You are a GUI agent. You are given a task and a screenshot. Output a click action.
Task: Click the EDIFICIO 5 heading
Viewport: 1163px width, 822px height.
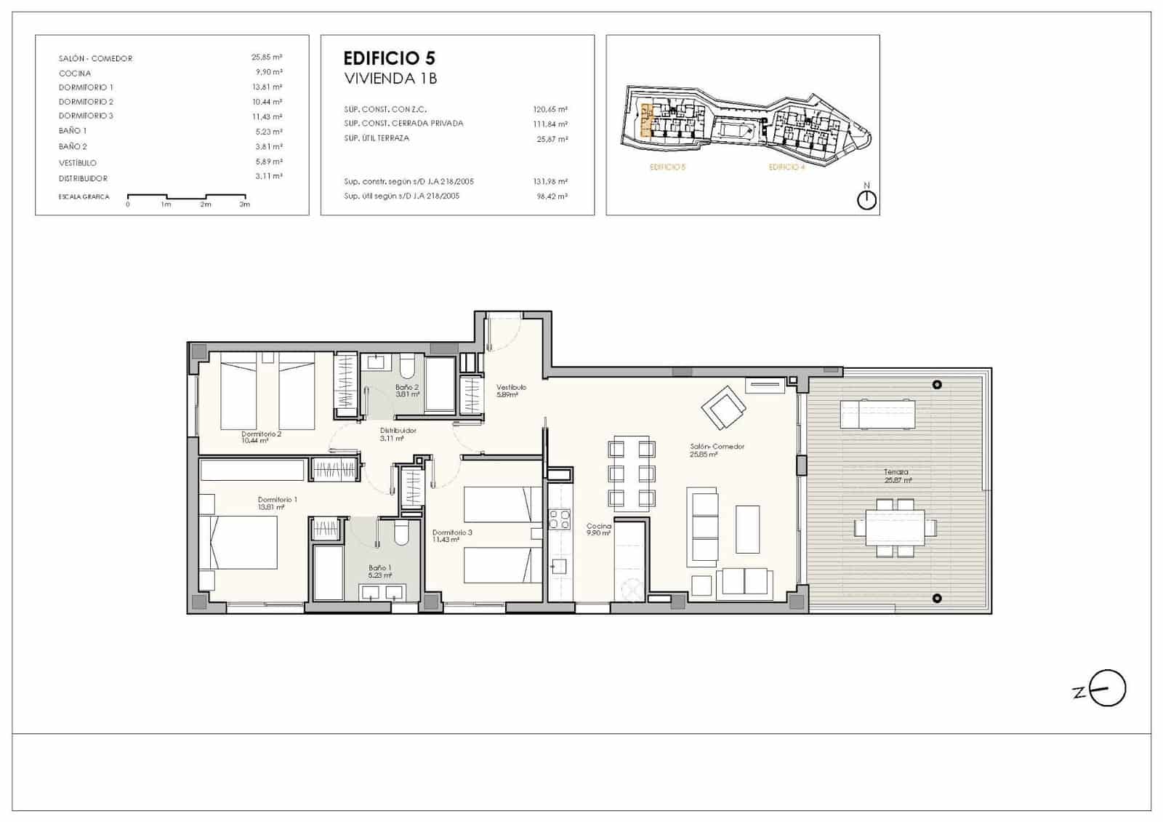[x=389, y=58]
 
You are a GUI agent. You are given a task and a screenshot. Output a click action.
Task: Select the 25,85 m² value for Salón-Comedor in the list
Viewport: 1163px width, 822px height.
[x=267, y=57]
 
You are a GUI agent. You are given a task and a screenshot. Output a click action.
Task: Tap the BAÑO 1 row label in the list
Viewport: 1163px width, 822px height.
[x=73, y=131]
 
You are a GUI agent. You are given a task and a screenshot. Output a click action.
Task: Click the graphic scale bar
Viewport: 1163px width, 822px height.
[x=186, y=196]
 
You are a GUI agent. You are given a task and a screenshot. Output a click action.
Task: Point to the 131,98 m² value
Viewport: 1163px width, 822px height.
[x=550, y=182]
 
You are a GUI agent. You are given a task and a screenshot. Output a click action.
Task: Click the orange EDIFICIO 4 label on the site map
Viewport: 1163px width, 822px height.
[x=786, y=167]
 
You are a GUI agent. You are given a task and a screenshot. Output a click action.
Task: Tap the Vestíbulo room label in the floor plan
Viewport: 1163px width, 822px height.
[x=511, y=388]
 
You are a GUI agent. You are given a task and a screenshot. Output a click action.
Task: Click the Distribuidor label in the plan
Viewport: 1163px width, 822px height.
[x=398, y=431]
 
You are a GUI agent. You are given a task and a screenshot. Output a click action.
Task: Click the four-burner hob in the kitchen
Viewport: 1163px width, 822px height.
[x=559, y=519]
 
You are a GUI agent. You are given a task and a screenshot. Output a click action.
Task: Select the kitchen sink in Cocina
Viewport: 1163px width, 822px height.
[x=559, y=565]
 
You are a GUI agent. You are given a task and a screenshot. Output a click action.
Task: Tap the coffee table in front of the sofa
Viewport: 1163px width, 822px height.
[x=747, y=530]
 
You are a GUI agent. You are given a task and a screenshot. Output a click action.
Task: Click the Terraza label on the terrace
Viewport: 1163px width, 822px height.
[x=896, y=472]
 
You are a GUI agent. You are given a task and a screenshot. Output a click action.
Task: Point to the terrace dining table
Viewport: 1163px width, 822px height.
[x=895, y=528]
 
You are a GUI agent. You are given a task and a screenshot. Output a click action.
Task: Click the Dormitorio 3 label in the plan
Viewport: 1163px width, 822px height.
[x=452, y=532]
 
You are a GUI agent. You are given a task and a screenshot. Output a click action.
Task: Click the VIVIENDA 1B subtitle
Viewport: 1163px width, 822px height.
[x=390, y=79]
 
